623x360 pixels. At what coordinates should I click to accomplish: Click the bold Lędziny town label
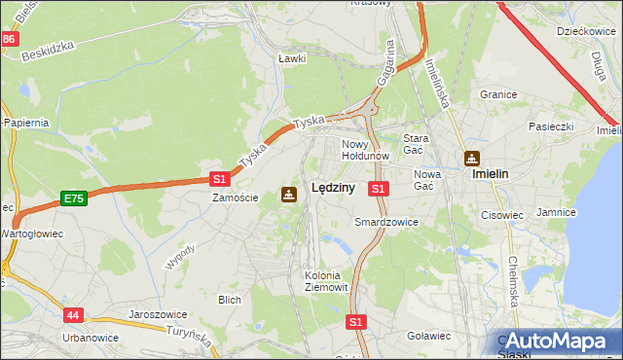tap(332, 189)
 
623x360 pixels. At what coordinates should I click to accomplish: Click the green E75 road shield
tap(73, 198)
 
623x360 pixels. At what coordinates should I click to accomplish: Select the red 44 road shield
tap(74, 315)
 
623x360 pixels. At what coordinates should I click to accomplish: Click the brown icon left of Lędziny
tap(289, 194)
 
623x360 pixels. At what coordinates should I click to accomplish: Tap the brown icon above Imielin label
tap(472, 158)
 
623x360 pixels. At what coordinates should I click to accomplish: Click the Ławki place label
tap(292, 58)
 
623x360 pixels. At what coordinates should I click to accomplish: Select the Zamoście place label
tap(236, 198)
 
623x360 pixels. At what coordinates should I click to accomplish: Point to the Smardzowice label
tap(385, 222)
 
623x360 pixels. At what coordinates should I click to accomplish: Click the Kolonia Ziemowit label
tap(322, 281)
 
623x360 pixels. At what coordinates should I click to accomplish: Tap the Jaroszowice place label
tap(158, 315)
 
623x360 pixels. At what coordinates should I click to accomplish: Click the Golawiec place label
tap(427, 336)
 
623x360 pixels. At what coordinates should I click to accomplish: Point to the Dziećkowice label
tap(582, 31)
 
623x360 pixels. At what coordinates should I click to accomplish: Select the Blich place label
tap(230, 300)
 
